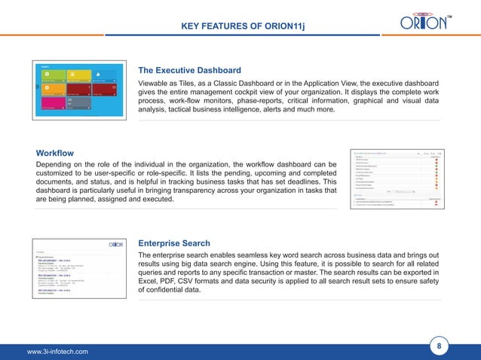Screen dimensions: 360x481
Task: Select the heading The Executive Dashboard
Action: [x=189, y=71]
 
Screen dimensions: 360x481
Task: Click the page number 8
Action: [x=439, y=346]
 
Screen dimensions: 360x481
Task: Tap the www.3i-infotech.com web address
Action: [x=57, y=351]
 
